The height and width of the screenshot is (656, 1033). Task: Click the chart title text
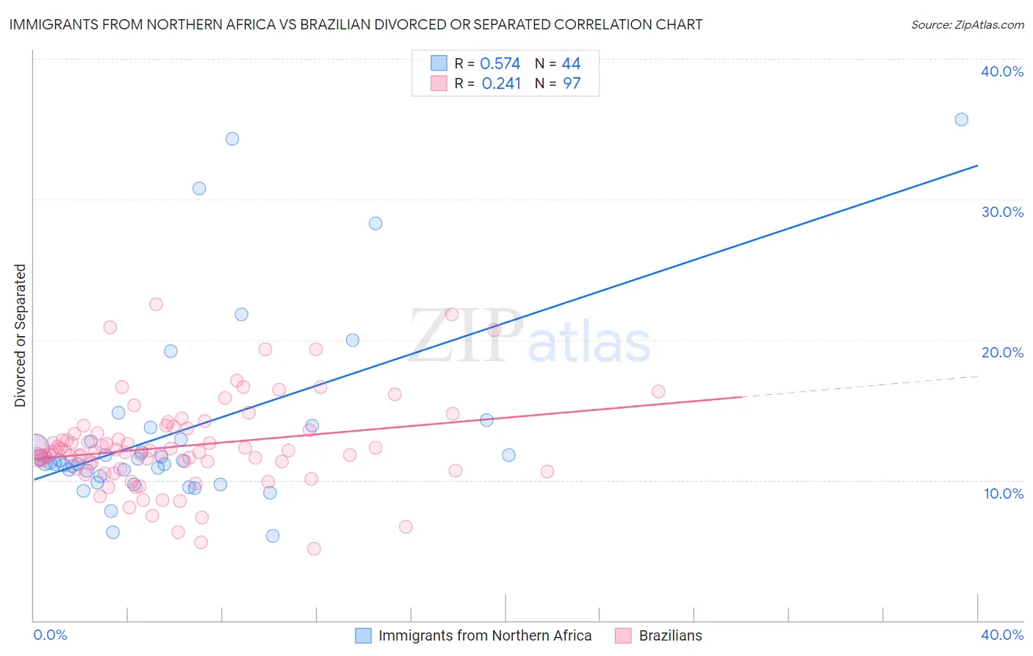pos(356,24)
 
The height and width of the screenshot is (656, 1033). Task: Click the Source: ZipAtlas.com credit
pos(967,24)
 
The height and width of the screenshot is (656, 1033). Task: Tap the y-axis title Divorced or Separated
pos(20,335)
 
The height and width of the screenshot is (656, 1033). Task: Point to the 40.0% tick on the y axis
pos(1002,71)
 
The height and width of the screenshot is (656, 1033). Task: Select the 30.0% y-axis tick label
pos(1002,212)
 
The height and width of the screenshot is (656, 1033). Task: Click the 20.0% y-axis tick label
pos(1002,352)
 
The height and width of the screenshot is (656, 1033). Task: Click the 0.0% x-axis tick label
pos(50,635)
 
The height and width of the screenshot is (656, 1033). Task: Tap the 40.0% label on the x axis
pos(1002,635)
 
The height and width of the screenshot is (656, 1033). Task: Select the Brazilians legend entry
pos(670,635)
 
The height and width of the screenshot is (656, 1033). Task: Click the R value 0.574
pos(500,64)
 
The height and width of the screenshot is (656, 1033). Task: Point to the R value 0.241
pos(501,84)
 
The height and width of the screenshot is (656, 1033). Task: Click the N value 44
pos(571,64)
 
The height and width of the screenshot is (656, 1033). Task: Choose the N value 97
pos(572,84)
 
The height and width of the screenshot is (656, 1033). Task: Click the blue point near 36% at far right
pos(961,119)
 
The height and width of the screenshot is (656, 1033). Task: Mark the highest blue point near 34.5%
pos(232,138)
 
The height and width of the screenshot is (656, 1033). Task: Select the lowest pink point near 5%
pos(314,549)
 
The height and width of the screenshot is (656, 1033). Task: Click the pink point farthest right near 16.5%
pos(658,391)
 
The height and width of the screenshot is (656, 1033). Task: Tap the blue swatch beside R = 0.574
pos(439,63)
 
